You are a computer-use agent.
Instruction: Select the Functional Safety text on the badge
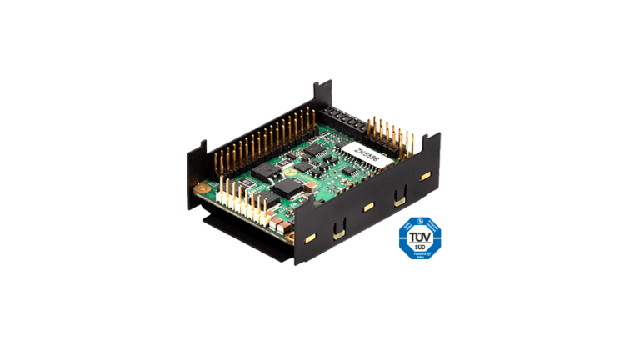419,255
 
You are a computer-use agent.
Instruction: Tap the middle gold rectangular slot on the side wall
367,205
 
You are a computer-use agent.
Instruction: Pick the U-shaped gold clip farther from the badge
338,227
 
